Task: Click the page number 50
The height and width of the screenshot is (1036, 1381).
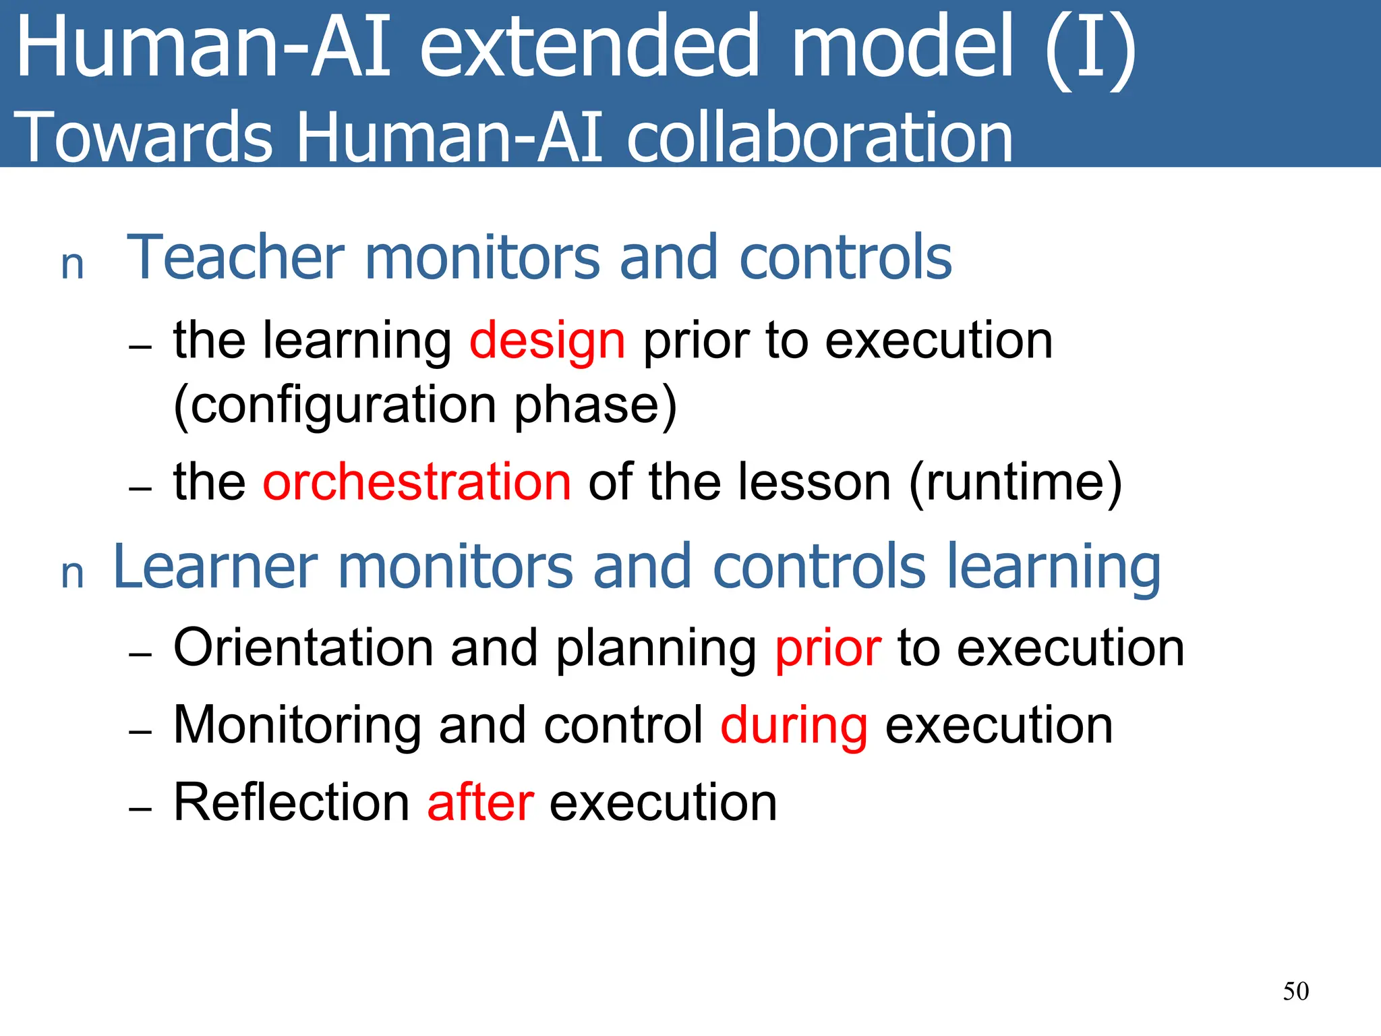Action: [x=1295, y=991]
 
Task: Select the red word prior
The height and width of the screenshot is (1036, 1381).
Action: [x=828, y=649]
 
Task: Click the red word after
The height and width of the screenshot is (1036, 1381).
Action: [x=481, y=803]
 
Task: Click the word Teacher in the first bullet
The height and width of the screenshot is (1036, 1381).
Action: [x=236, y=257]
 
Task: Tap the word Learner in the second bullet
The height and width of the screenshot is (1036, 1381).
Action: [x=215, y=567]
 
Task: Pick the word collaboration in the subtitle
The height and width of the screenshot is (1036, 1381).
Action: [x=819, y=138]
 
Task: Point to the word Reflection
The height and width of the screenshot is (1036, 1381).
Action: [x=291, y=803]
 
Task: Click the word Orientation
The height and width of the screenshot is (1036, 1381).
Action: [x=303, y=647]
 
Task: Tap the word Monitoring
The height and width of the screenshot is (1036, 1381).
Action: [x=297, y=726]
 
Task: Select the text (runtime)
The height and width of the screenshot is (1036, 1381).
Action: [x=1016, y=483]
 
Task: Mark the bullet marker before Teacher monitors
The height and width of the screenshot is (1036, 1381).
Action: [x=72, y=265]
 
